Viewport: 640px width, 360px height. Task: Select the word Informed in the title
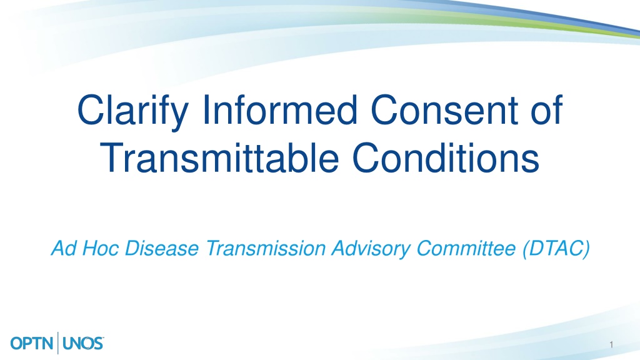point(280,109)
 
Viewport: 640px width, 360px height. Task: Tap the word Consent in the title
point(444,109)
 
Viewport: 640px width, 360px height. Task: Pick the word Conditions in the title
point(446,157)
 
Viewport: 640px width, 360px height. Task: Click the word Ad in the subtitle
point(64,248)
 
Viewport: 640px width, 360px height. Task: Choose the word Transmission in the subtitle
point(266,248)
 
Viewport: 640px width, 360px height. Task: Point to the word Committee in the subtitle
point(466,248)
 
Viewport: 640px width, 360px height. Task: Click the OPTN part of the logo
point(32,343)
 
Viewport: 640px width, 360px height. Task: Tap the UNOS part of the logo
point(83,343)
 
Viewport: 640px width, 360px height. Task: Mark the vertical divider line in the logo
point(58,343)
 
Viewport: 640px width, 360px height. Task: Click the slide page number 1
point(611,345)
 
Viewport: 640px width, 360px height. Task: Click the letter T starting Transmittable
point(112,157)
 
